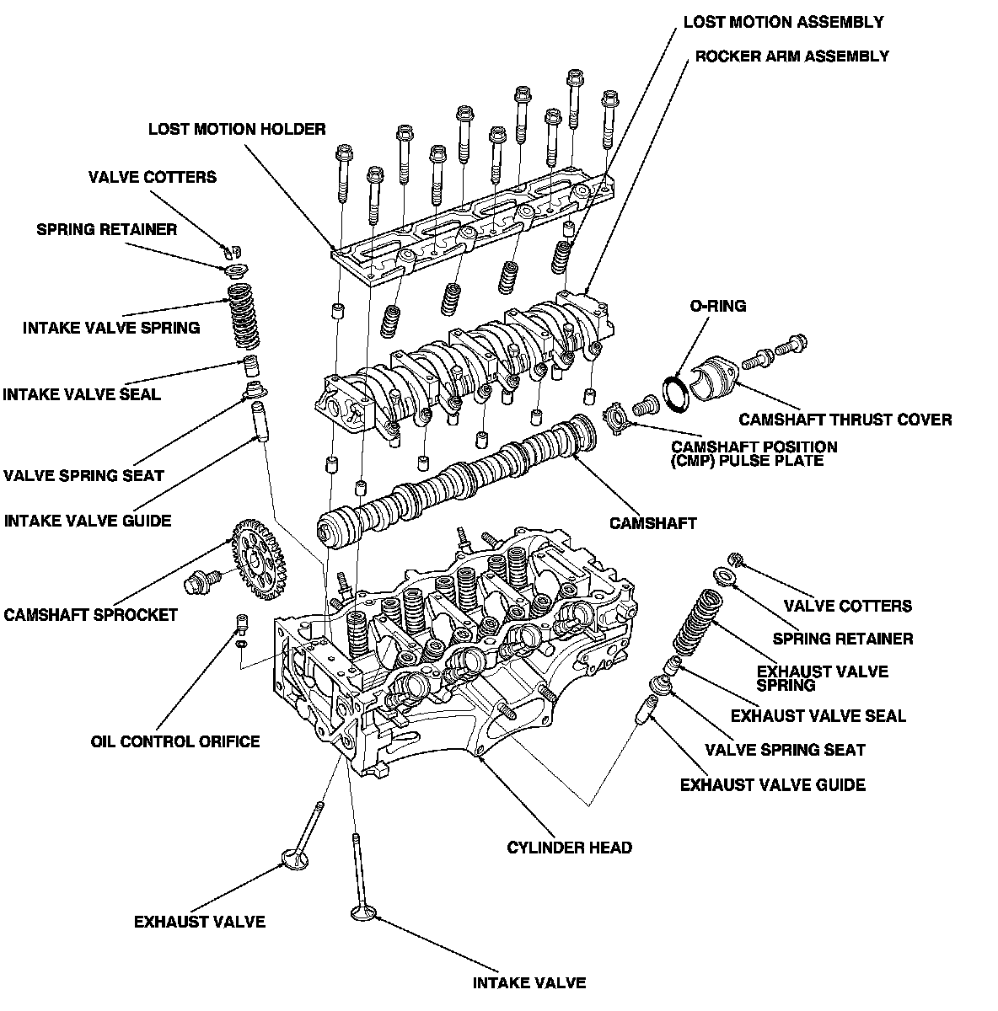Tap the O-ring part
coord(676,393)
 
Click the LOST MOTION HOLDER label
coord(236,130)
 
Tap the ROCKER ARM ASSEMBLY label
coord(791,56)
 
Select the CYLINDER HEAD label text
coord(569,847)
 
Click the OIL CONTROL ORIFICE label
coord(175,741)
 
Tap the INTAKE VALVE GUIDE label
coord(88,521)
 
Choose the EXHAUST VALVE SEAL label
coord(818,716)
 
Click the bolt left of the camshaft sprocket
coord(202,580)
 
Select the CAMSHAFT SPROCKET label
coord(91,614)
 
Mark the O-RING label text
coord(717,306)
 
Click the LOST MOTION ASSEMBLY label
coord(783,22)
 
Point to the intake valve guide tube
coord(259,420)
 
